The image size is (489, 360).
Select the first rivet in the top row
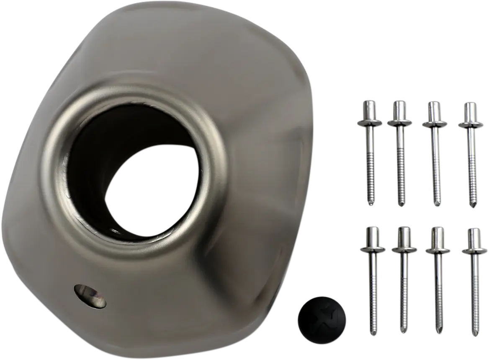[369, 151]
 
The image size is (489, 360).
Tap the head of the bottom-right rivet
[474, 238]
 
